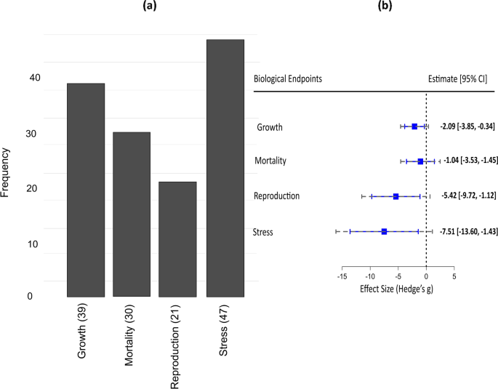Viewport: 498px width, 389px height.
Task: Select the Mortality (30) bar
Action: pyautogui.click(x=132, y=214)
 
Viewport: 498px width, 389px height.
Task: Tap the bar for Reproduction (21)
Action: pyautogui.click(x=178, y=239)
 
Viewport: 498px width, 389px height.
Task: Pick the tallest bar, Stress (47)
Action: pyautogui.click(x=225, y=168)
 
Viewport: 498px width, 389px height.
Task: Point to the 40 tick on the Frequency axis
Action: pyautogui.click(x=35, y=78)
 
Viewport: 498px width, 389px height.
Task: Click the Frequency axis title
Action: pyautogui.click(x=7, y=173)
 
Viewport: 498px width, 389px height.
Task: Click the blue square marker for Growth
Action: pyautogui.click(x=414, y=127)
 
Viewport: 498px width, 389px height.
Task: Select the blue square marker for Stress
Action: pyautogui.click(x=384, y=231)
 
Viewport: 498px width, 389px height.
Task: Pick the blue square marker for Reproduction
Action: pyautogui.click(x=395, y=196)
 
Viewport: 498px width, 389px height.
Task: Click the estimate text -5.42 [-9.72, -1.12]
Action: pyautogui.click(x=467, y=196)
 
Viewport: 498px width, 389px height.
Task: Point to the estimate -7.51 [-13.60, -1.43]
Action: pyautogui.click(x=467, y=231)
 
